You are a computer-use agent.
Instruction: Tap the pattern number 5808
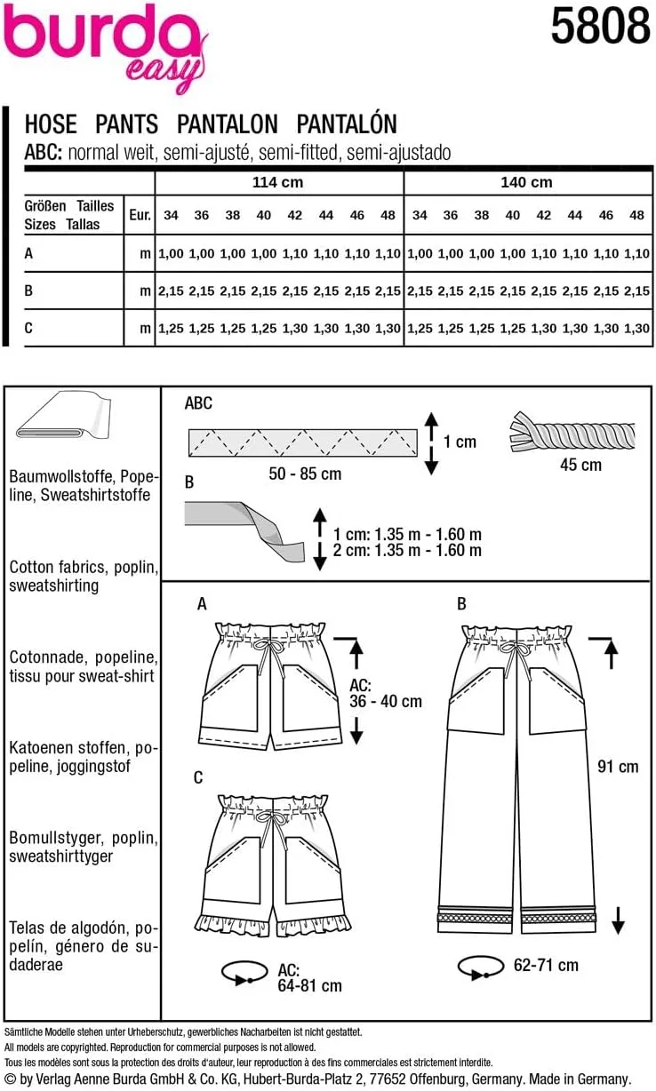(x=600, y=27)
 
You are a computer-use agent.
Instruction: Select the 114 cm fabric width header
(x=278, y=182)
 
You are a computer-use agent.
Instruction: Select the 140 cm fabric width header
(x=526, y=182)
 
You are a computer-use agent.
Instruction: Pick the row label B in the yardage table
(x=29, y=291)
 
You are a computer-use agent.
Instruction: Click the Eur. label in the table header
(x=139, y=215)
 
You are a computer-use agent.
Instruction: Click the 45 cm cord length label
(x=580, y=465)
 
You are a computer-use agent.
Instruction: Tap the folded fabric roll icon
(x=64, y=418)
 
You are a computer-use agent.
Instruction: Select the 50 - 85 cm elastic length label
(x=305, y=474)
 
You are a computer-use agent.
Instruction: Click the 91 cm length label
(x=617, y=766)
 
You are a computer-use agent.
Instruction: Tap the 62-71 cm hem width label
(x=545, y=965)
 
